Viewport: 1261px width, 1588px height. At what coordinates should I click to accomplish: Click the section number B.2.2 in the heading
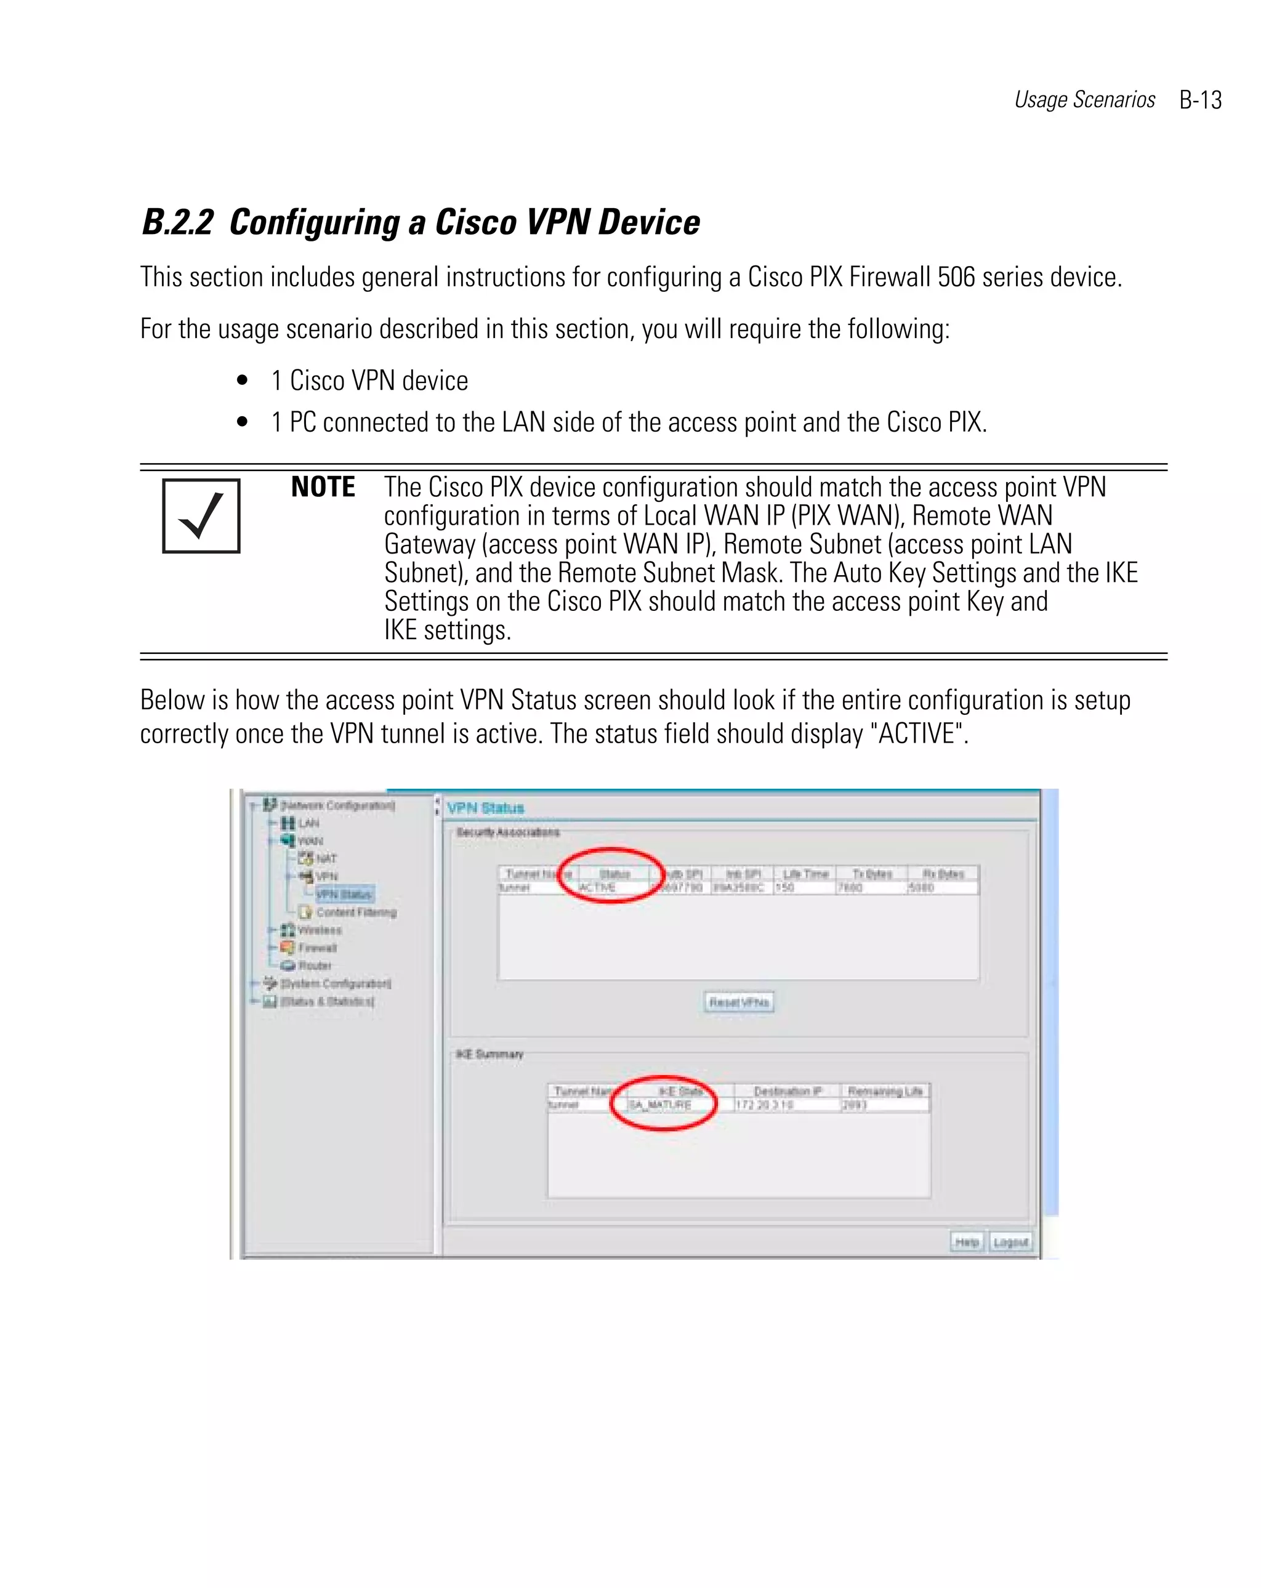(177, 222)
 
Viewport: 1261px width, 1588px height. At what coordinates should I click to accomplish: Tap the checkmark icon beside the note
(201, 515)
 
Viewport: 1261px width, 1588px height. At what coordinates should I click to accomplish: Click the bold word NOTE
(323, 488)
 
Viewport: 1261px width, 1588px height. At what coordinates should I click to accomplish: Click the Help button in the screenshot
(966, 1242)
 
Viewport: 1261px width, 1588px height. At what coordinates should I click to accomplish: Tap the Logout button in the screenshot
(1010, 1242)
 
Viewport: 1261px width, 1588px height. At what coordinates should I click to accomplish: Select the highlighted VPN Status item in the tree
(344, 894)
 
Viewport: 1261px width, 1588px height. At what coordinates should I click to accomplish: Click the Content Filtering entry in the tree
(356, 913)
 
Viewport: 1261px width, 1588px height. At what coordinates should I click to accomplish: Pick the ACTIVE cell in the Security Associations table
(597, 887)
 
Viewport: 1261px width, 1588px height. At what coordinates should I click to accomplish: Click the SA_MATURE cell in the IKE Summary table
(660, 1105)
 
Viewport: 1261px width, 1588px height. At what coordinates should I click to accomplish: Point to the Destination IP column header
(788, 1091)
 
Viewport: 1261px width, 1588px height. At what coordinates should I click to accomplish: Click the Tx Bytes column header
(872, 874)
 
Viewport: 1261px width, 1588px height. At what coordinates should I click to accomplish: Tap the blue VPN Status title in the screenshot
(485, 808)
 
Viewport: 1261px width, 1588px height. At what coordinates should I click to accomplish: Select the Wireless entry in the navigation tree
(319, 930)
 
